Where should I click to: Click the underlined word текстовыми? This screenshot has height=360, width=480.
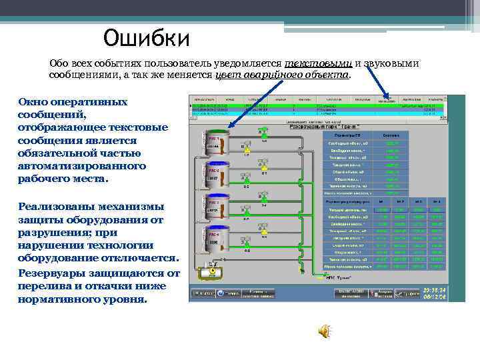tap(318, 63)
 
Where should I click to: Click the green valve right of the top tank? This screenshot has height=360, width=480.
tap(264, 131)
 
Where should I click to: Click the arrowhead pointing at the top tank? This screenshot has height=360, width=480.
tap(229, 125)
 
